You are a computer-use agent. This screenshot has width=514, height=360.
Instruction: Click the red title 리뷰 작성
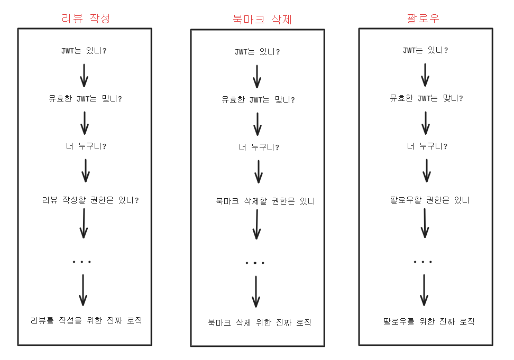tap(86, 18)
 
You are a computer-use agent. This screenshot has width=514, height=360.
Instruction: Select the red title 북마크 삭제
tap(262, 20)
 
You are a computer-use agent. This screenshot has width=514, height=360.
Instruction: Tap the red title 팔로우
tap(423, 18)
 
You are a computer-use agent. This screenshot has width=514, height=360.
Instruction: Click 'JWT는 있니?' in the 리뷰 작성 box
tap(84, 51)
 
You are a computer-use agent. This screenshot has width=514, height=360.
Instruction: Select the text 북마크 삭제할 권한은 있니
tap(265, 201)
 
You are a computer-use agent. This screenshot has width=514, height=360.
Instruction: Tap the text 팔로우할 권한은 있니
tap(429, 200)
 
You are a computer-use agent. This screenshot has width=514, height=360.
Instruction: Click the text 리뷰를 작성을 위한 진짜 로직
tap(86, 320)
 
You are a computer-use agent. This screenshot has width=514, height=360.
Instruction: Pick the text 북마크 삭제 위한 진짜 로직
tap(259, 322)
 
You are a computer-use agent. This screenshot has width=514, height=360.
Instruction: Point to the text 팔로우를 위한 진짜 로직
tap(428, 321)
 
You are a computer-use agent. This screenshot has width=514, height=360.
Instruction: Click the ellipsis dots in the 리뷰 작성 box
tap(82, 262)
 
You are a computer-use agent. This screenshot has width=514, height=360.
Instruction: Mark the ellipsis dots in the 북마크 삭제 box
tap(255, 263)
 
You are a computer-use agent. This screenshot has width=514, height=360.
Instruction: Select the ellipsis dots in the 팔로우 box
tap(423, 262)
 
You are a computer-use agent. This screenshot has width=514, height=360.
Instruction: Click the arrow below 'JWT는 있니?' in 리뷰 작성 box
tap(84, 75)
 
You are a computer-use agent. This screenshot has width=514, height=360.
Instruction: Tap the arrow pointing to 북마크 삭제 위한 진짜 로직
tap(256, 291)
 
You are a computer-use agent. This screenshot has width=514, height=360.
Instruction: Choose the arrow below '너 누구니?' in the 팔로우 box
tap(427, 170)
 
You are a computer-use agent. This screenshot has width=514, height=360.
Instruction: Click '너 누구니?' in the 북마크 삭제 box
tap(259, 147)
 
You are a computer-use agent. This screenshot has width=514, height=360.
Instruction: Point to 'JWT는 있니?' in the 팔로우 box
tap(425, 51)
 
